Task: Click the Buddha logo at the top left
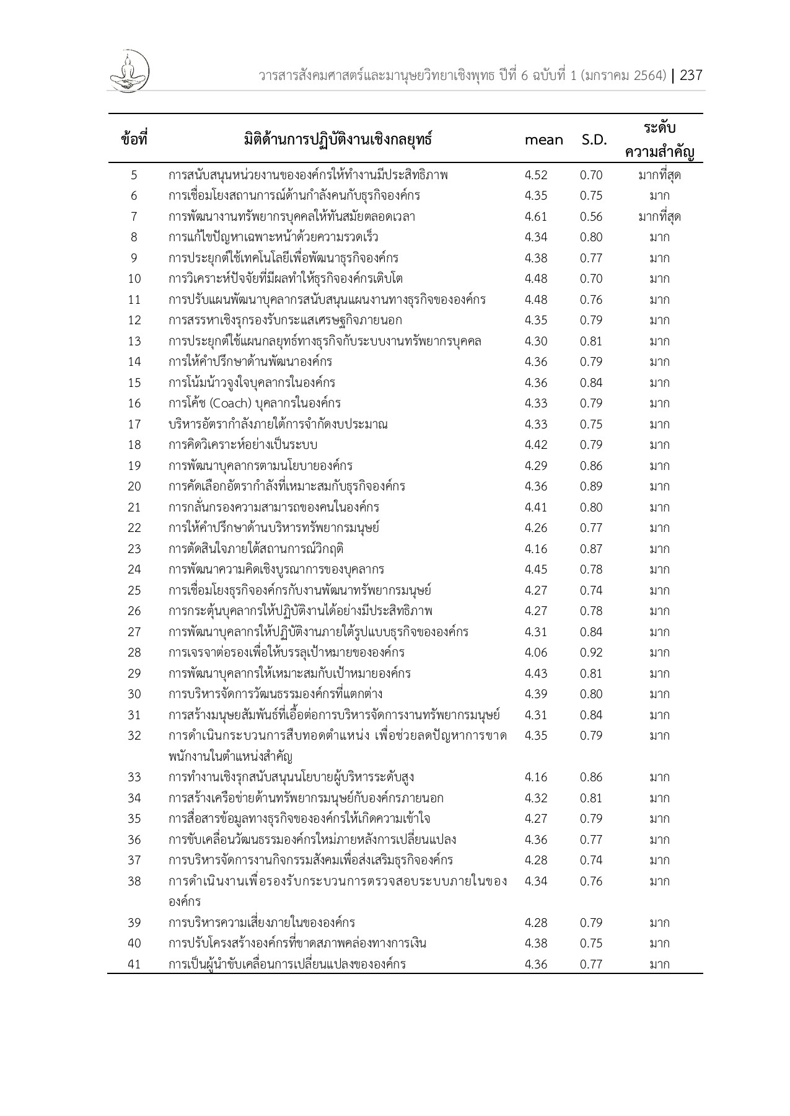(128, 71)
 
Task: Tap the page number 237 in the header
(691, 76)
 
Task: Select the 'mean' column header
(543, 140)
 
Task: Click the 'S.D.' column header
(594, 140)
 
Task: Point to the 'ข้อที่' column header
(134, 139)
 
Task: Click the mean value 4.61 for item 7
(535, 216)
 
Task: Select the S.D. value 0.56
(591, 216)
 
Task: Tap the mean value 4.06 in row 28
(535, 652)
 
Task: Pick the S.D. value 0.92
(591, 652)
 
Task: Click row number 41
(134, 964)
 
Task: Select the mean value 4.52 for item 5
(535, 175)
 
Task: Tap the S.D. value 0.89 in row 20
(591, 486)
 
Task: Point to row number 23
(134, 549)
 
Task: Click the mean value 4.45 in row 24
(535, 569)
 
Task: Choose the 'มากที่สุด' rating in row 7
(659, 216)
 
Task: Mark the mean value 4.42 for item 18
(535, 445)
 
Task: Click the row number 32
(134, 735)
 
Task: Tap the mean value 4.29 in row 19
(535, 466)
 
